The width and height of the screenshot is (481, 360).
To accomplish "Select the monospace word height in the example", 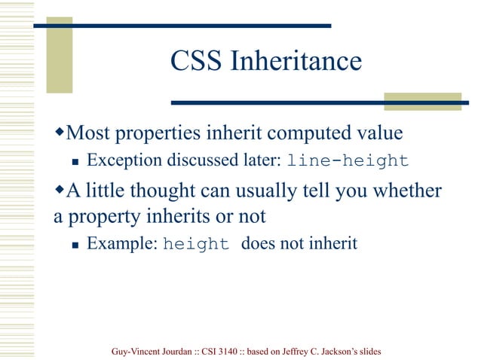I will tap(195, 245).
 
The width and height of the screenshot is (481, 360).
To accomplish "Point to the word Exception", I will tap(121, 160).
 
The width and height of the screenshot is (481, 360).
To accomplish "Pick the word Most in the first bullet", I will tap(86, 133).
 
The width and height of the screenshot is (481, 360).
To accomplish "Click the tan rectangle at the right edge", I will tap(421, 102).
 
